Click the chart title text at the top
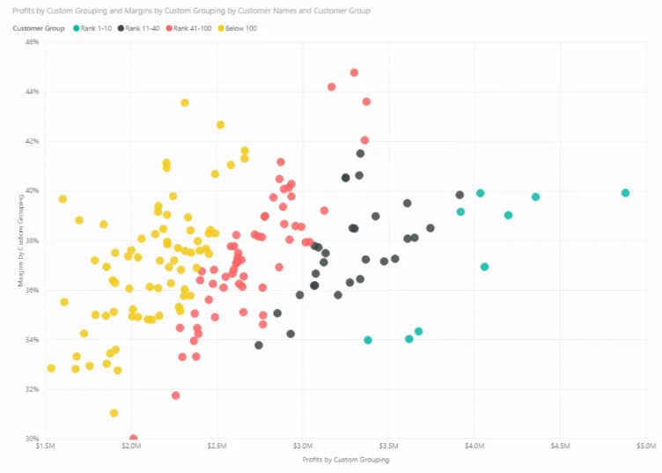tap(191, 11)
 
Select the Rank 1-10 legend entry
tap(92, 28)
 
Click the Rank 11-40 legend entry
tap(138, 28)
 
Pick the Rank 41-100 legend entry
tap(188, 28)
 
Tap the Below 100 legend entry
tap(237, 28)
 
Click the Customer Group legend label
tap(39, 28)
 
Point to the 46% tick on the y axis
tap(32, 41)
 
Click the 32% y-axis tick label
tap(32, 389)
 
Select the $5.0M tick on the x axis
tap(646, 446)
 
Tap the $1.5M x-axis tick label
tap(45, 446)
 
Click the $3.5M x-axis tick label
tap(388, 446)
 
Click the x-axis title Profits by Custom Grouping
tap(346, 460)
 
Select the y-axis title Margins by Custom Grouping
tap(20, 240)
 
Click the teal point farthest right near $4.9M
tap(625, 193)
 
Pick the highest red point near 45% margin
tap(354, 72)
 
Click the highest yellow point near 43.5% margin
tap(185, 103)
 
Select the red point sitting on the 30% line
tap(134, 438)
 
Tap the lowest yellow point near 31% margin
tap(114, 412)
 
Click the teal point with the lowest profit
tap(368, 340)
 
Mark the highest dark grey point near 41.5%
tap(360, 153)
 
